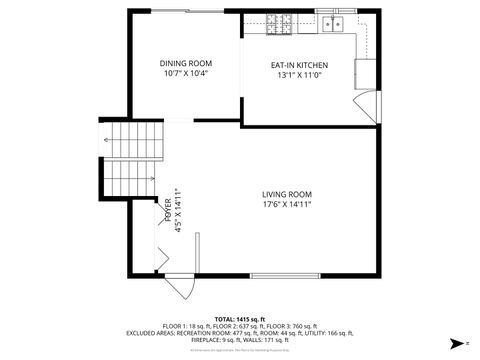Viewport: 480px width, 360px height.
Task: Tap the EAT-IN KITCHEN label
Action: coord(299,66)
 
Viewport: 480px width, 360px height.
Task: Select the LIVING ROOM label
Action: coord(287,194)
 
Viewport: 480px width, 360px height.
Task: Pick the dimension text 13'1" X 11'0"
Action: coord(299,76)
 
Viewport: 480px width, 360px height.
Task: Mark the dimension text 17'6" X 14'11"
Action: coord(287,205)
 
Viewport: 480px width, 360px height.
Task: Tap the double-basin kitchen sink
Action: coord(331,20)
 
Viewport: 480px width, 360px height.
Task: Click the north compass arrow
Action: coord(456,342)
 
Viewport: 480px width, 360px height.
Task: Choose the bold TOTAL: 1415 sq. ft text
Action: coord(239,318)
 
